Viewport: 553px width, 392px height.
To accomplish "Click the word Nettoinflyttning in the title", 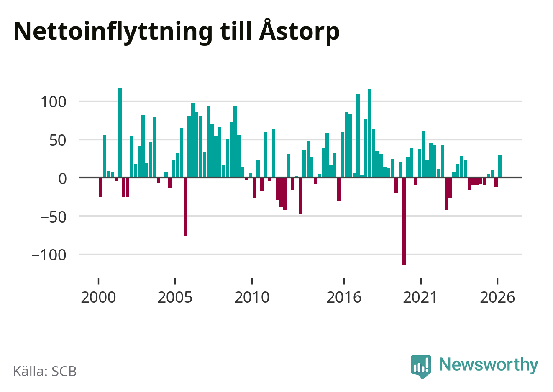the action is point(113,32).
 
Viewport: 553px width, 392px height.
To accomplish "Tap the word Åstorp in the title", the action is point(300,30).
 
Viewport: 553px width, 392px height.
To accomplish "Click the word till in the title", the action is point(236,31).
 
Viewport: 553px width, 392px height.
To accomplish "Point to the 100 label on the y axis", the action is point(54,102).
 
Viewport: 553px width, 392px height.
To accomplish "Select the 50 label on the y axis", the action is point(58,140).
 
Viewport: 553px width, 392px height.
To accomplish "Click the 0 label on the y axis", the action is point(62,179).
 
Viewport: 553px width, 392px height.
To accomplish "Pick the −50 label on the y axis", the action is point(54,217).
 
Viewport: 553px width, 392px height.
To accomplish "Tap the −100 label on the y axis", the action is point(49,255).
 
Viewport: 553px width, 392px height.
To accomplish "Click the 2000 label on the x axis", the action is point(98,297).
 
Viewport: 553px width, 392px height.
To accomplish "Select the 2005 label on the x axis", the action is point(175,297).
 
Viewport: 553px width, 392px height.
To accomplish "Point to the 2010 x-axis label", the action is point(252,297).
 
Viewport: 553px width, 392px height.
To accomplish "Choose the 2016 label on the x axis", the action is point(344,297).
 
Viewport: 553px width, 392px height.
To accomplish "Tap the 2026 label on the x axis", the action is point(497,297).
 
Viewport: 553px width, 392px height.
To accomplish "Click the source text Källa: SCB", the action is point(45,371).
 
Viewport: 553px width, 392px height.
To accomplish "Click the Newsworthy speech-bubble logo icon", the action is point(421,367).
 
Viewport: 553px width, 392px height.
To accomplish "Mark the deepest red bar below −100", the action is point(404,221).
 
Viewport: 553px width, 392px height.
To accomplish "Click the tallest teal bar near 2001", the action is point(120,133).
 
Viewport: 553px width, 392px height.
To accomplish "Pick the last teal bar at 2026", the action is point(500,166).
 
